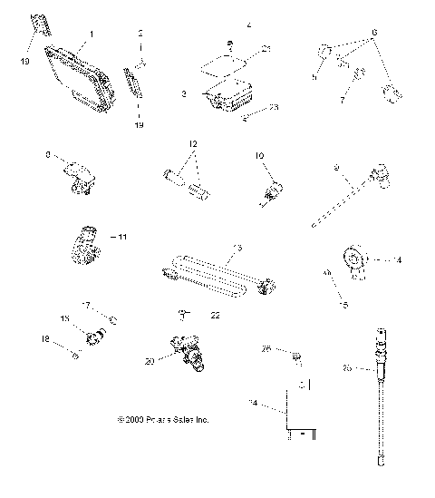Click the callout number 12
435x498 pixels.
tap(192, 143)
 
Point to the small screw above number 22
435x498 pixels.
tap(184, 314)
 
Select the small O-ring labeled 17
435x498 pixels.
tap(111, 320)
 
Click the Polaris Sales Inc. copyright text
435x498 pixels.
tap(163, 421)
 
